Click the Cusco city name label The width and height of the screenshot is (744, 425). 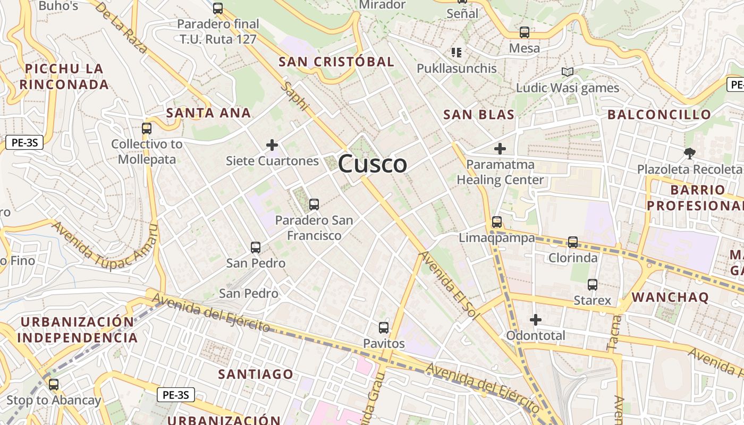373,164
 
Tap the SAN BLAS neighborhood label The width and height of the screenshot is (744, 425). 479,115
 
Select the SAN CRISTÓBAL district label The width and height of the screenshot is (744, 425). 336,62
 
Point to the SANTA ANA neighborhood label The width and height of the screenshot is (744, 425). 208,113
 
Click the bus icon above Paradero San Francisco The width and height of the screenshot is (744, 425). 314,204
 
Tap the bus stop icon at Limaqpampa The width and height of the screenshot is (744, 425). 497,222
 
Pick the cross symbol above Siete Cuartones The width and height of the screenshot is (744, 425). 272,144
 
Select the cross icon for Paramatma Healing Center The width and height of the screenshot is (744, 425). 500,149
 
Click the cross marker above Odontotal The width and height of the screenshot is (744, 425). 536,319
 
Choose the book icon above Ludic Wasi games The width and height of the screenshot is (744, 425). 568,72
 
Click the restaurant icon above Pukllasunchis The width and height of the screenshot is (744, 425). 456,52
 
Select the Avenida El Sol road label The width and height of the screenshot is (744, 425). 447,284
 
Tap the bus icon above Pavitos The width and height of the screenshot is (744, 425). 384,327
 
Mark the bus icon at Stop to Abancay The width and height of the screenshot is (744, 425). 54,384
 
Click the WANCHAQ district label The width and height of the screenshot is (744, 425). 670,297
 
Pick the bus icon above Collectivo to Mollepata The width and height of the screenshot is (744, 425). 147,128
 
